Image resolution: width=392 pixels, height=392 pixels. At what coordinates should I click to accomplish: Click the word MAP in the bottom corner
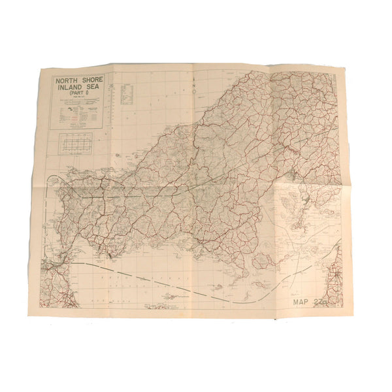pyautogui.click(x=304, y=302)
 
